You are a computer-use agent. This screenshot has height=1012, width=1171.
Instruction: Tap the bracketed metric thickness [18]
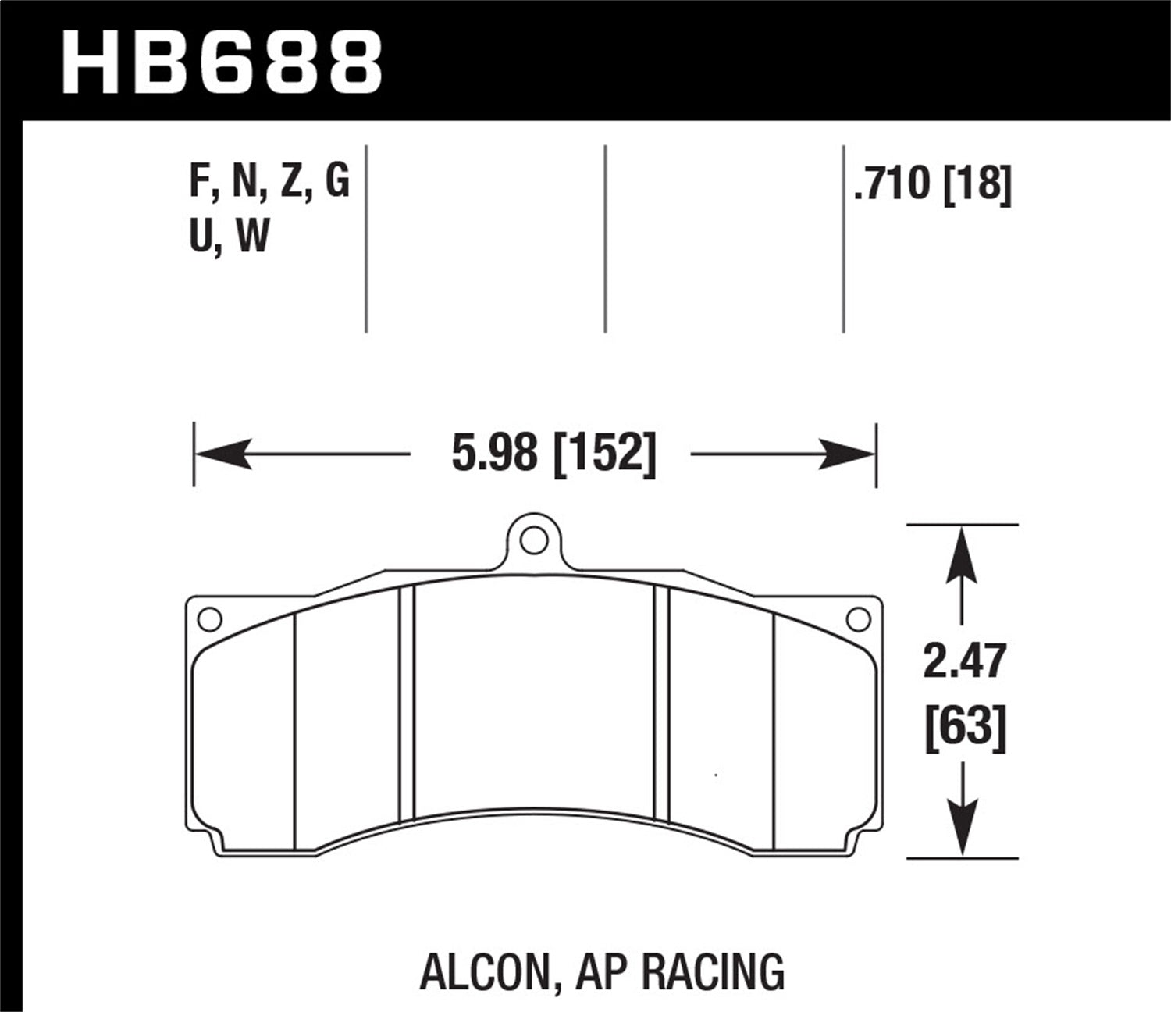977,185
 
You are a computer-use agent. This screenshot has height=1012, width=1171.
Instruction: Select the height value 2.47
965,662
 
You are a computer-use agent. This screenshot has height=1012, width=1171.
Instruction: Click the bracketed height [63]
965,729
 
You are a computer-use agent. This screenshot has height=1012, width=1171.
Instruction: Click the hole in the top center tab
533,538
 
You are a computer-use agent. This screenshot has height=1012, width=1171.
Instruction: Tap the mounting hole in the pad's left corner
209,619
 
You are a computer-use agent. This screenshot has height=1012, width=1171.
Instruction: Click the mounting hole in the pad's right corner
858,619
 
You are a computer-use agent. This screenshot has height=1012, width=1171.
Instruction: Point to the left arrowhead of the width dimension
222,454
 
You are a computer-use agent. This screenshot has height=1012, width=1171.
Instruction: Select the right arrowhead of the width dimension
847,454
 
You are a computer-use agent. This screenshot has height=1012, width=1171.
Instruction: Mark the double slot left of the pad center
407,703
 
